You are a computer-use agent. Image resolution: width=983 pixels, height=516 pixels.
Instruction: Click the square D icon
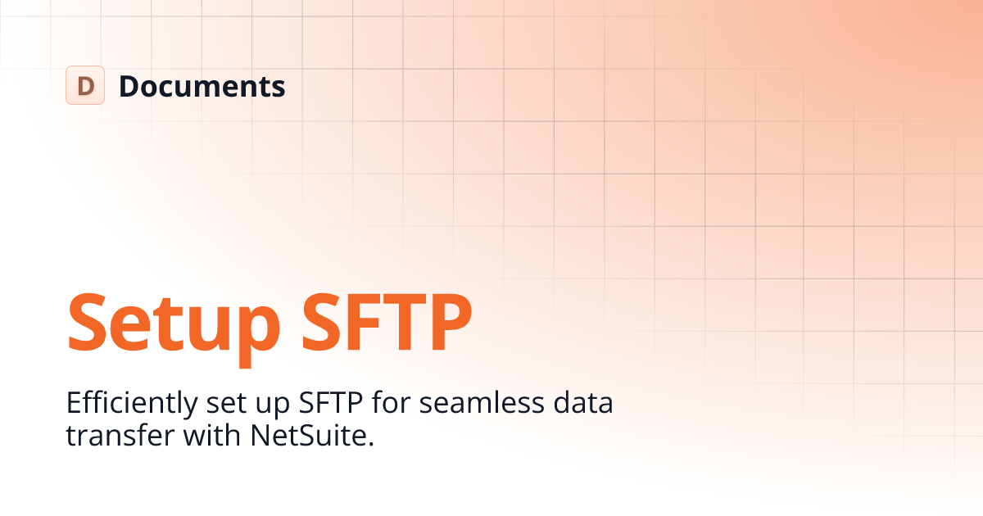(x=85, y=85)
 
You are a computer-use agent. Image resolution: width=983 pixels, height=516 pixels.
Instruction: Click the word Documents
(x=202, y=86)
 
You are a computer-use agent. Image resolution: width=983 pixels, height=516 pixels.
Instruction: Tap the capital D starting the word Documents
(x=129, y=86)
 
